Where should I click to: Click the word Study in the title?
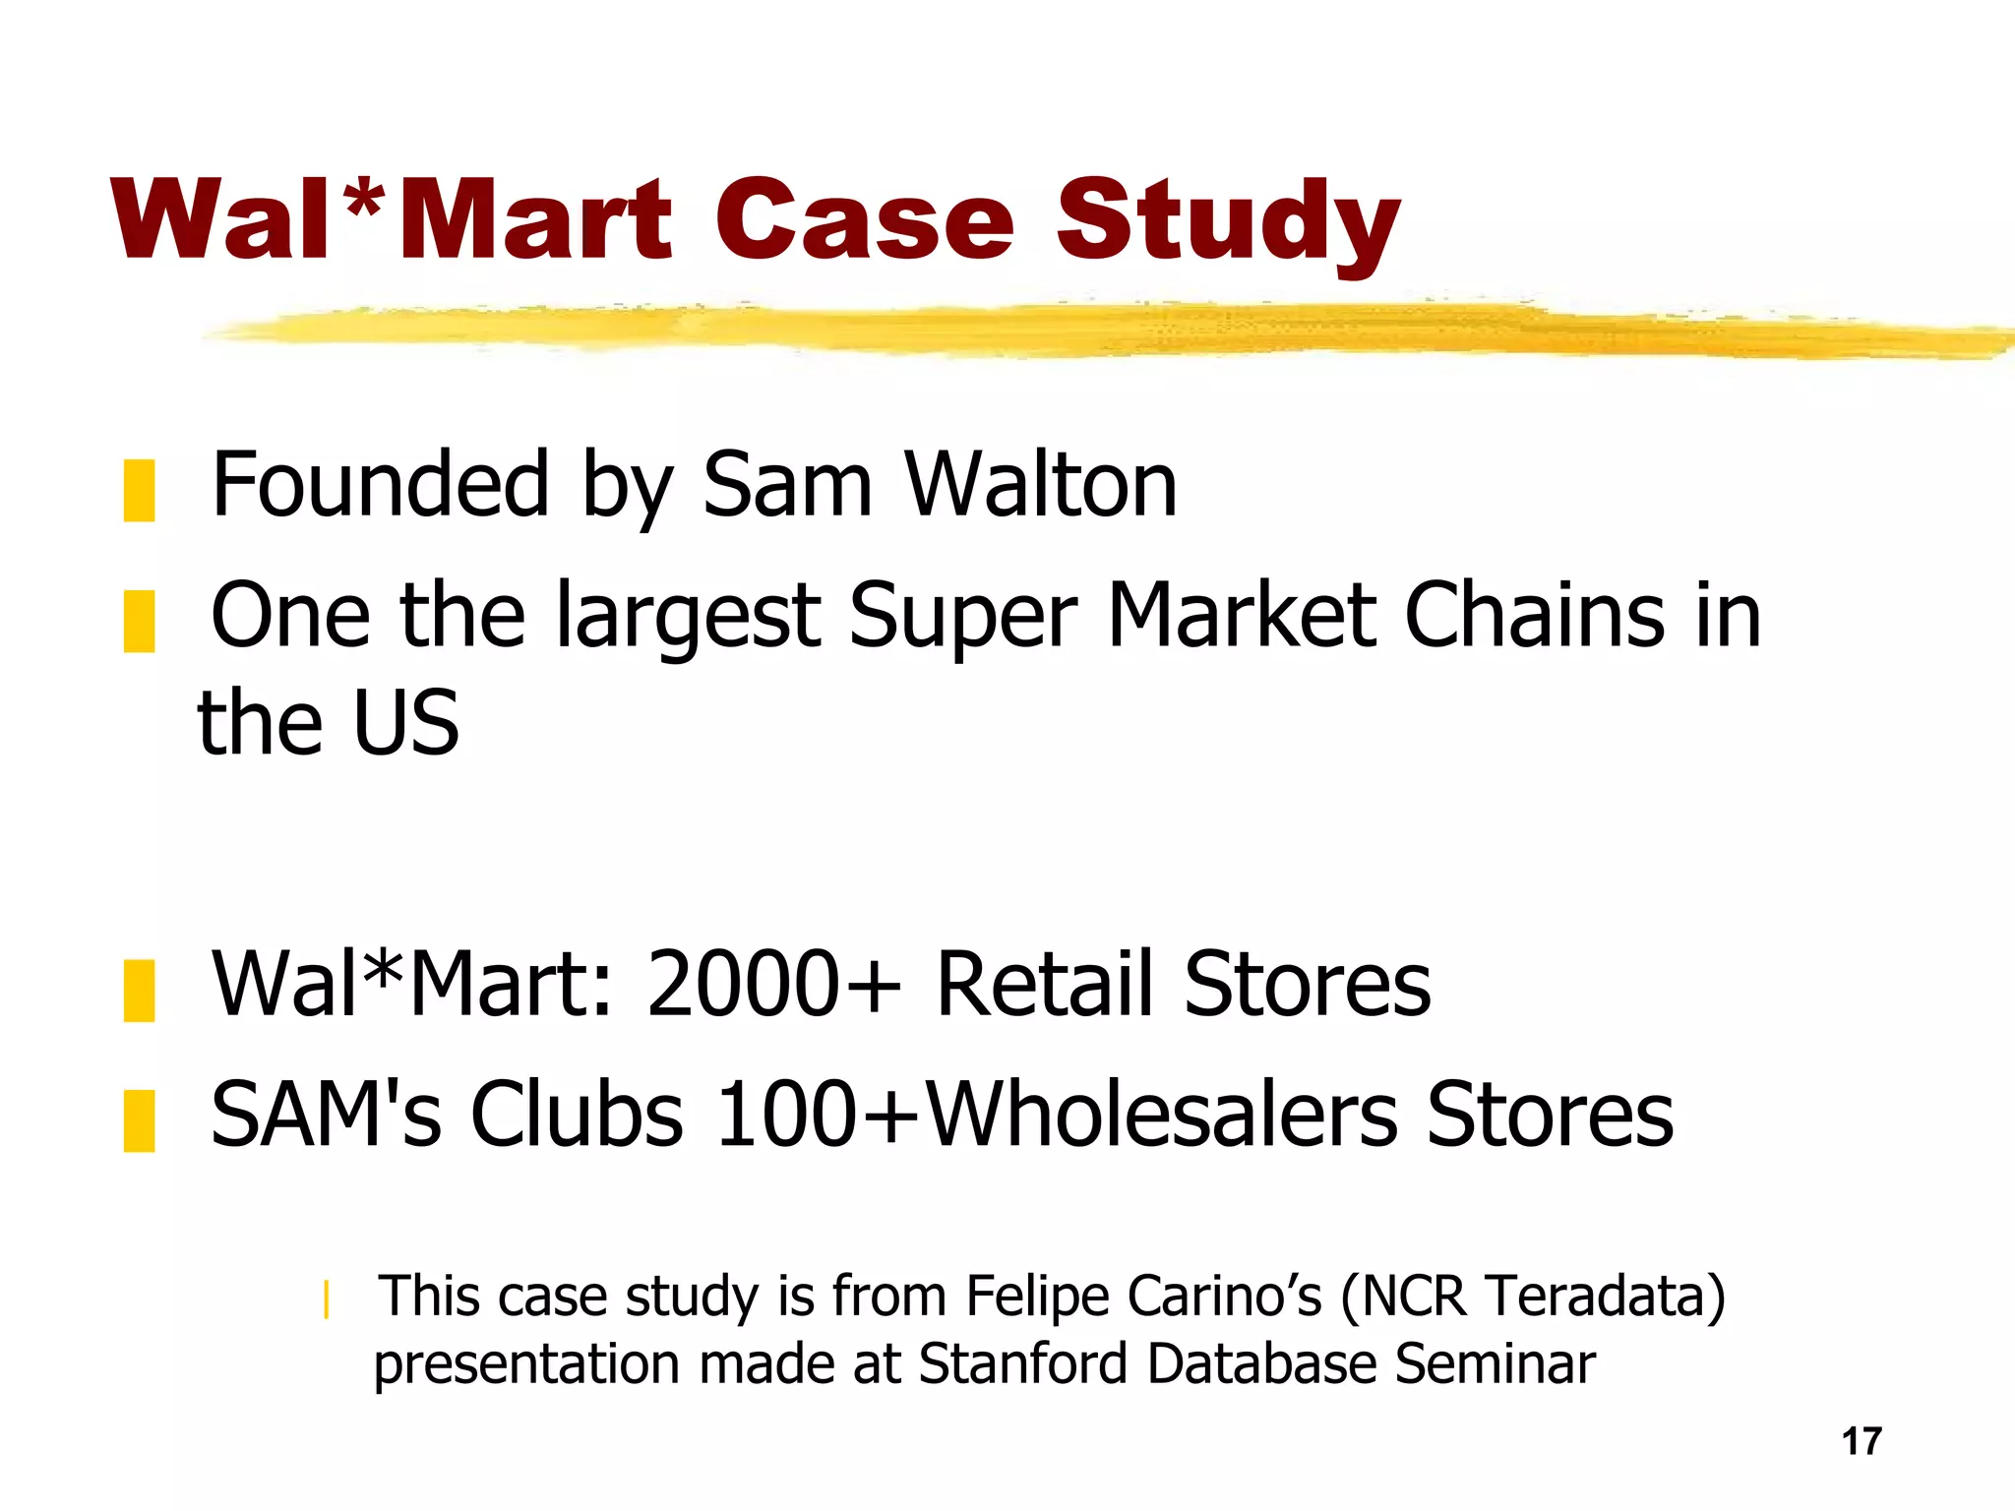(x=1227, y=221)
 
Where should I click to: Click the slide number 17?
(x=1862, y=1441)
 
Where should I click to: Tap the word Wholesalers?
(x=1162, y=1115)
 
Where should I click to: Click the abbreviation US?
(x=405, y=724)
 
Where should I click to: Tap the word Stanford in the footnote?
(x=1023, y=1364)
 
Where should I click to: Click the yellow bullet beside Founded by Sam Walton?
(x=139, y=490)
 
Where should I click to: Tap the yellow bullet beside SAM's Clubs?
(x=139, y=1120)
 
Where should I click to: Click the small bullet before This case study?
(x=326, y=1299)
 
